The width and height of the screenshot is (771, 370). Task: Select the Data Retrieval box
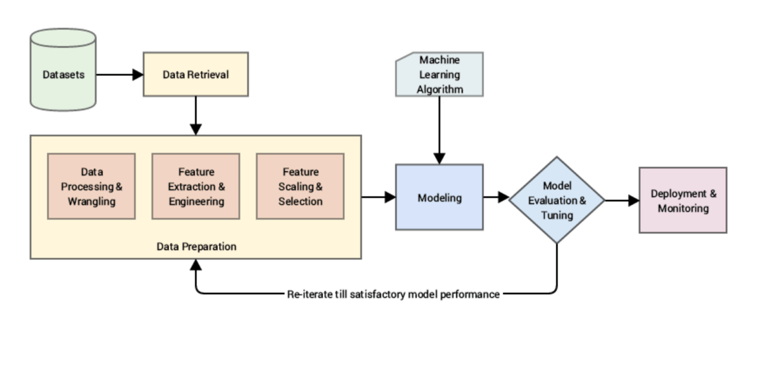coord(195,74)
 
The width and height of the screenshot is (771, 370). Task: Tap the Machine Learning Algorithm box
coord(439,74)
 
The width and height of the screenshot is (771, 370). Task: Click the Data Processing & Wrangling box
coord(91,186)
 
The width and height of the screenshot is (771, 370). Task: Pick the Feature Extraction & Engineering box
coord(196,186)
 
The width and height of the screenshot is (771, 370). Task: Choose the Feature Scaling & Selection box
coord(300,186)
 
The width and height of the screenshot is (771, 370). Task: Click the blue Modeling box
coord(439,197)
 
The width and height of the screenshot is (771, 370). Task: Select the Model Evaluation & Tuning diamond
coord(556,200)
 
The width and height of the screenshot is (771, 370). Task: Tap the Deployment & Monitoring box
coord(682,200)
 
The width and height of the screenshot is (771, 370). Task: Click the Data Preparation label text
coord(196,247)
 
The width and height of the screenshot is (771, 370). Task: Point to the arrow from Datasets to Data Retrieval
coord(119,74)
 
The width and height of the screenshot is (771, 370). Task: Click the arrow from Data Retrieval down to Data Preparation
coord(196,115)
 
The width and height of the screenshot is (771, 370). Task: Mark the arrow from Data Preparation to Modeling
coord(378,197)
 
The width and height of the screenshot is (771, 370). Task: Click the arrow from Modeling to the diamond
coord(496,197)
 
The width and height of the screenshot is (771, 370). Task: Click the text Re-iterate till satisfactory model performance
coord(393,294)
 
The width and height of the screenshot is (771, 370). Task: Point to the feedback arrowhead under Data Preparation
coord(196,265)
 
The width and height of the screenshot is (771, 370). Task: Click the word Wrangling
coord(91,201)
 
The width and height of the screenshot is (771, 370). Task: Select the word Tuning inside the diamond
coord(556,216)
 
